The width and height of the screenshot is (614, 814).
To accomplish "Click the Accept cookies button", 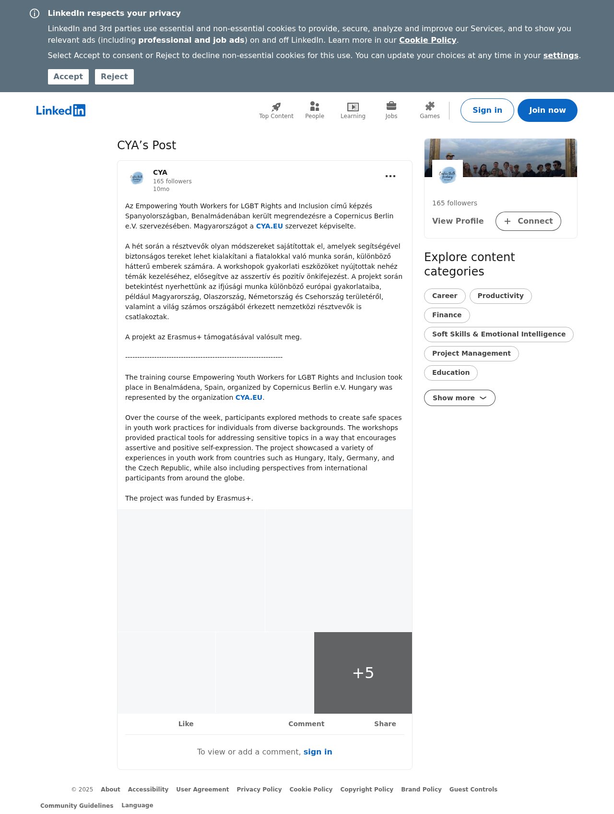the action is point(68,77).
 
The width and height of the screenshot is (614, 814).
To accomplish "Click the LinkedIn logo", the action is point(61,110).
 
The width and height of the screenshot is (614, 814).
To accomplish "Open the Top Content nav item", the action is point(276,110).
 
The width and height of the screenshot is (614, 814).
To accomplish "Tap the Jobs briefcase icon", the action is point(391,106).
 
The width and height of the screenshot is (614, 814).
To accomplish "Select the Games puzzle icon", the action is point(430,106).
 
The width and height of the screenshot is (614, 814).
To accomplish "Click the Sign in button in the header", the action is point(487,110).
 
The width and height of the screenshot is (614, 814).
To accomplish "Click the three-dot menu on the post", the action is point(390,176).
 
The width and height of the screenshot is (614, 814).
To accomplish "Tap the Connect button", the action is point(528,221).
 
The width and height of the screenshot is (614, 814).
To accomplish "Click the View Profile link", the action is point(458,221).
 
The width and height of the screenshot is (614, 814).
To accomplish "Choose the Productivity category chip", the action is point(500,296).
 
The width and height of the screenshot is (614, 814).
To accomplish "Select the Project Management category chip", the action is point(471,354).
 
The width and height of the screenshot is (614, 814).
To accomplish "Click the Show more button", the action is point(459,398).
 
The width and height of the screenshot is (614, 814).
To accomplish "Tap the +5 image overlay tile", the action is point(363,673).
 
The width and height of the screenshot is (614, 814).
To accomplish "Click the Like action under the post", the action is point(186,724).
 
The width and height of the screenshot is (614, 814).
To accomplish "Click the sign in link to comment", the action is point(318,752).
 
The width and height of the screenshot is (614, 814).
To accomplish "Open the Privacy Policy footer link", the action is point(259,790).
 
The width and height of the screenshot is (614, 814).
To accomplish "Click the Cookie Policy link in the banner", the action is point(427,40).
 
